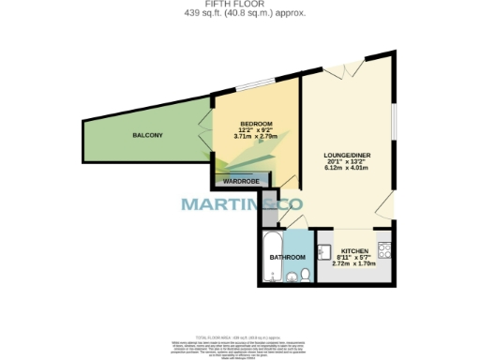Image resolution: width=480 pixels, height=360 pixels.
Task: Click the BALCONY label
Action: (x=146, y=136)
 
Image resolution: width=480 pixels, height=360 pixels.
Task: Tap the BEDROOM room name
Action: (x=256, y=125)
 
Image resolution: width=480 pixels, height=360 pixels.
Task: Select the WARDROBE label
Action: (x=241, y=180)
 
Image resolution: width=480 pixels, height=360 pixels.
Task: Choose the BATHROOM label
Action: (x=287, y=257)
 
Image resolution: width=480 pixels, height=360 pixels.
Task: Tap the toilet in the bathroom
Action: (x=306, y=275)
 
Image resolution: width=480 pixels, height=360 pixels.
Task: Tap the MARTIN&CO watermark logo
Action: (x=241, y=203)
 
